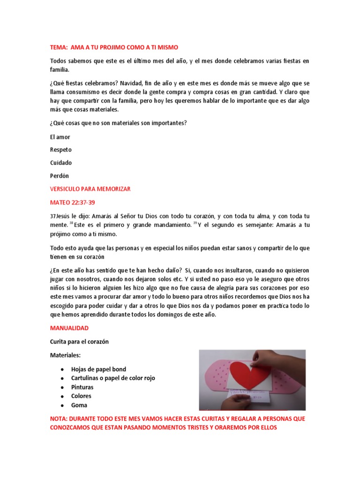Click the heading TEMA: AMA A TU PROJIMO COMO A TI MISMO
tap(114, 47)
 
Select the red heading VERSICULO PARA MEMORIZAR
tap(90, 188)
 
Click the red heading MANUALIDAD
tap(69, 329)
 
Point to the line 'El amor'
tap(60, 137)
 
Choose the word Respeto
tap(61, 150)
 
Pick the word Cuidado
tap(61, 163)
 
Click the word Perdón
tap(60, 176)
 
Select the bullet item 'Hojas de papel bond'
tap(98, 369)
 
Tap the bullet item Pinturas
tap(82, 387)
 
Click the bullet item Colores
tap(81, 396)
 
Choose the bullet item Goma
tap(79, 405)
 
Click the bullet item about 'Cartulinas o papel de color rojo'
tap(113, 378)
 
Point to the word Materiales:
tap(65, 355)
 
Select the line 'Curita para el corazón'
tap(79, 342)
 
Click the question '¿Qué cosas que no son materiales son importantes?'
tap(119, 123)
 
